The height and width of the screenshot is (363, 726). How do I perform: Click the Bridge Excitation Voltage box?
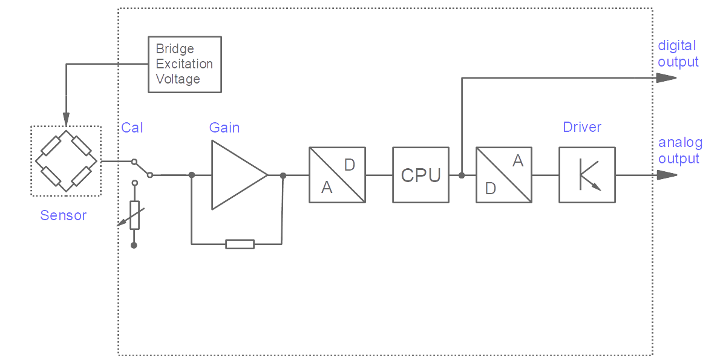(x=185, y=64)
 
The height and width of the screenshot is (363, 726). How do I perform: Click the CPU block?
(x=420, y=175)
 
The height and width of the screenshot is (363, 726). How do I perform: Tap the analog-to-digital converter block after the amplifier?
(x=337, y=175)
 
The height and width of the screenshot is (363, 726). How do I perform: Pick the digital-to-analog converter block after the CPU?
(x=504, y=175)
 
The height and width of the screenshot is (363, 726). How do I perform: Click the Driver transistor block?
(x=587, y=175)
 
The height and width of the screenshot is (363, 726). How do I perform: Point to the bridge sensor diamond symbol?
(x=66, y=161)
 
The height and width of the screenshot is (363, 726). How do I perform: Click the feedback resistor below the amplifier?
(x=240, y=244)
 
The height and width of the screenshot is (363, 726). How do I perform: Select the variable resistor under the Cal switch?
(x=134, y=215)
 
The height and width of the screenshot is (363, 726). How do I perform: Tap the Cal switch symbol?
(x=143, y=169)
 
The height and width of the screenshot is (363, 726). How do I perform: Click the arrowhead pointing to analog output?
(x=667, y=175)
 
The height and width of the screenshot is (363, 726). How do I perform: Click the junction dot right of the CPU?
(x=462, y=175)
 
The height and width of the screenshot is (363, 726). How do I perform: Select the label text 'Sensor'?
(x=64, y=215)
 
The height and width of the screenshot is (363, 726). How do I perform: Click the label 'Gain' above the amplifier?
(x=224, y=128)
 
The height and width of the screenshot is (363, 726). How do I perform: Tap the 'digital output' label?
(x=678, y=54)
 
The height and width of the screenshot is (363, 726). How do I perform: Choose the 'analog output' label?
(x=680, y=151)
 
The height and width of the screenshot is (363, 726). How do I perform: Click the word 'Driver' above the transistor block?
(x=582, y=127)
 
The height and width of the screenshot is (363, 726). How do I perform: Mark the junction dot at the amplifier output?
(x=283, y=175)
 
